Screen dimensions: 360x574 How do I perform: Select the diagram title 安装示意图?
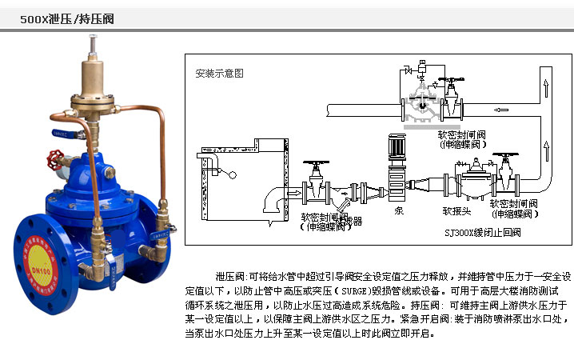(x=219, y=73)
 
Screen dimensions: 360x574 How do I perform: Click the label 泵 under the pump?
(x=399, y=212)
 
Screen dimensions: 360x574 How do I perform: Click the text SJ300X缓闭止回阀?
(x=480, y=233)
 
